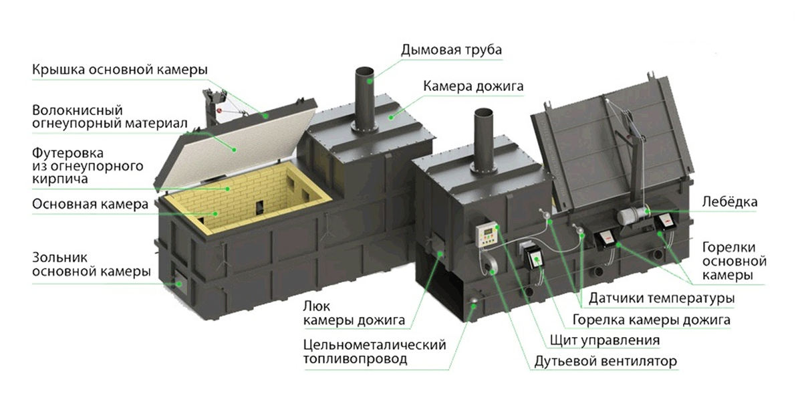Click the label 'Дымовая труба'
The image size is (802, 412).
click(x=451, y=50)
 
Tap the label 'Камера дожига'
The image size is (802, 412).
click(x=473, y=86)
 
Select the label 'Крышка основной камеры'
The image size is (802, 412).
click(x=120, y=70)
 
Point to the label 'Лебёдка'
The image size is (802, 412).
click(x=729, y=202)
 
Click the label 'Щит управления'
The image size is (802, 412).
click(x=605, y=340)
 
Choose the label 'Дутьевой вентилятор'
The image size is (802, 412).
click(x=606, y=361)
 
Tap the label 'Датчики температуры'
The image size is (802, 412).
click(x=662, y=298)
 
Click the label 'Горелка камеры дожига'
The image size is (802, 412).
click(x=651, y=320)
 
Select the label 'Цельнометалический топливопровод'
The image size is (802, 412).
click(x=374, y=352)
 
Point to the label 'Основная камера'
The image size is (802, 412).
click(x=90, y=204)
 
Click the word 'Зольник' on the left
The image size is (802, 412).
click(x=59, y=257)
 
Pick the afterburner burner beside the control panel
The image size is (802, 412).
click(x=533, y=259)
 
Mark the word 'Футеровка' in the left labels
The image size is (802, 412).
click(x=68, y=153)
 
